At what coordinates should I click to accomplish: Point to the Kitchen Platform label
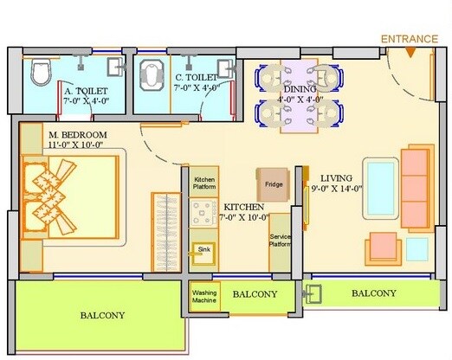[x=204, y=183]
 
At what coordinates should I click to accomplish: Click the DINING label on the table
[x=300, y=87]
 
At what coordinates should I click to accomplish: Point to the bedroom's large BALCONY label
[x=102, y=316]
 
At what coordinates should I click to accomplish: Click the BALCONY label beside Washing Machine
[x=255, y=295]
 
